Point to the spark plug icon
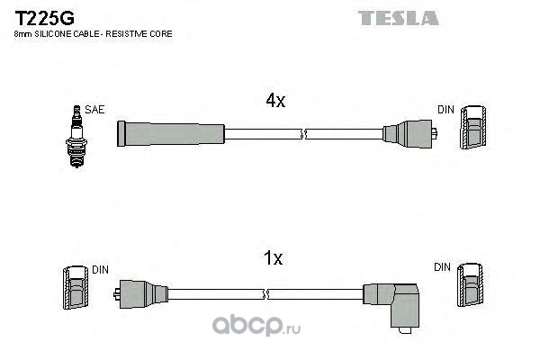point(77,126)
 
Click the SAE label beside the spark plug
point(95,110)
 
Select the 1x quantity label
point(273,259)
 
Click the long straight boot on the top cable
point(170,134)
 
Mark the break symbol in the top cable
point(303,134)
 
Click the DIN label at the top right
point(445,110)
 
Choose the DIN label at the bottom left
point(99,268)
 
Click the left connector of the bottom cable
point(139,293)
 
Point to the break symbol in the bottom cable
point(266,293)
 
